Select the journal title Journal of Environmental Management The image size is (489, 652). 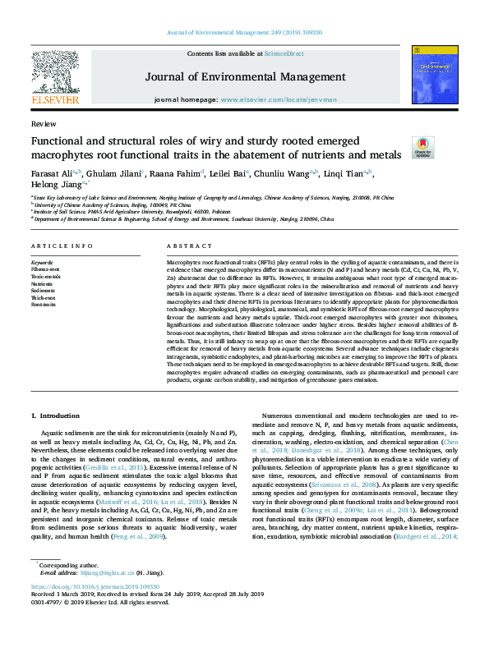pyautogui.click(x=244, y=77)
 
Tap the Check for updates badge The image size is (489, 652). pyautogui.click(x=422, y=147)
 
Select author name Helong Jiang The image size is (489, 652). pyautogui.click(x=54, y=186)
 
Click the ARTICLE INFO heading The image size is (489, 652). pyautogui.click(x=62, y=246)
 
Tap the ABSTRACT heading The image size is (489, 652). pyautogui.click(x=189, y=246)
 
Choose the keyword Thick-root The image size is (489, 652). pyautogui.click(x=44, y=297)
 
